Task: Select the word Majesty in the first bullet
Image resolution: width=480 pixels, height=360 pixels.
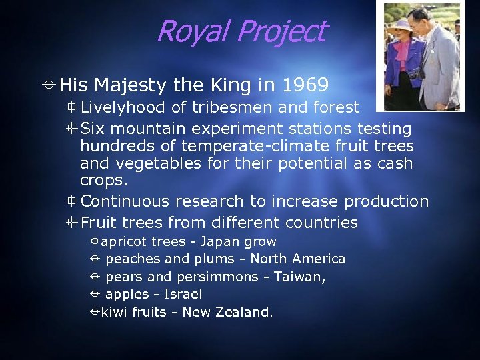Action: point(131,85)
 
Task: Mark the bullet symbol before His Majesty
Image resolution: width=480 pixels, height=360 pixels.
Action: point(50,85)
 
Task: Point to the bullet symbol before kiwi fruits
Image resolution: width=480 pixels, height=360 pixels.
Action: point(95,312)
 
